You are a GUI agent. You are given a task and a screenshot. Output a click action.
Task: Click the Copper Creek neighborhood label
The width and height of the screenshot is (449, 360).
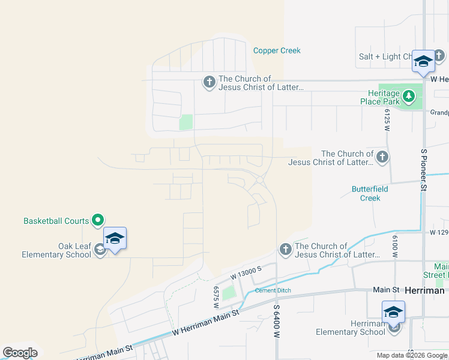(277, 50)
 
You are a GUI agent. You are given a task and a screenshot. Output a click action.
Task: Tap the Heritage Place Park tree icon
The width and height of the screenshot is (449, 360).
(408, 95)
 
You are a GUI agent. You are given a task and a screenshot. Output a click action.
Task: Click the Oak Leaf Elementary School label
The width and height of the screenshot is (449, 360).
(56, 250)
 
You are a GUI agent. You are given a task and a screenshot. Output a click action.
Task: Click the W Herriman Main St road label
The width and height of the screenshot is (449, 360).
(205, 322)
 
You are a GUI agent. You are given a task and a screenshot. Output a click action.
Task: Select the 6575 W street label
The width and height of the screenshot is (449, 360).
(215, 297)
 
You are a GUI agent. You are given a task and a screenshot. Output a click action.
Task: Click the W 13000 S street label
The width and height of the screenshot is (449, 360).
(247, 274)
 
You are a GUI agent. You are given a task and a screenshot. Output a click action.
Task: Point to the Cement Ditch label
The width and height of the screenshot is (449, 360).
(273, 290)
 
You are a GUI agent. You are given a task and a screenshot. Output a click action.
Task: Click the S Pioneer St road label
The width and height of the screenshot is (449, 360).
(423, 170)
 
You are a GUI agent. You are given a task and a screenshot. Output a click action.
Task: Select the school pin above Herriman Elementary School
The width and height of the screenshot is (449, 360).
(393, 312)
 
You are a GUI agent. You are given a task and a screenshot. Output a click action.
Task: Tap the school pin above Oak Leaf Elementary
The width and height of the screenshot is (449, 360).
(115, 239)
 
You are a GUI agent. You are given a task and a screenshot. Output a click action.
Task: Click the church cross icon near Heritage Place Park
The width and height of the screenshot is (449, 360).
(382, 158)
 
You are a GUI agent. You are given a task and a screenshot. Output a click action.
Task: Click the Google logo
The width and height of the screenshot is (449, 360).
(20, 353)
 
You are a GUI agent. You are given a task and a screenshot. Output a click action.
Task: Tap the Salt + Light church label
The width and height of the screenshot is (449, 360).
(385, 56)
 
